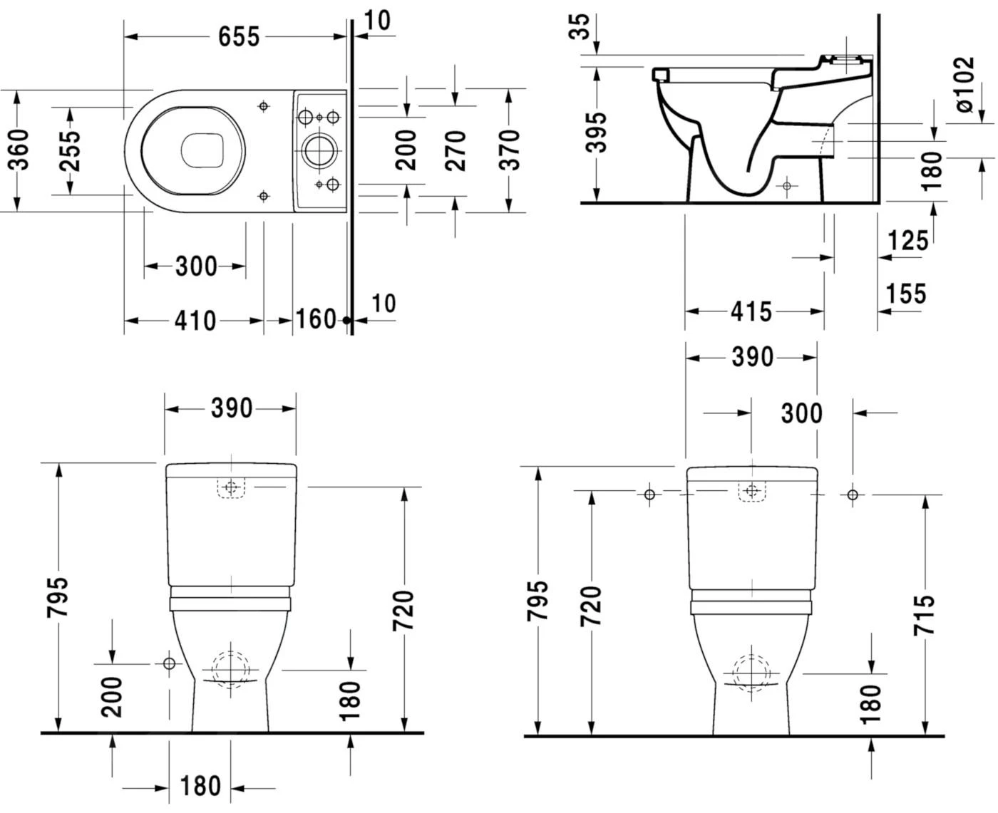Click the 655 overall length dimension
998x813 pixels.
click(x=239, y=36)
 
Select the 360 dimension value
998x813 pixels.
click(x=19, y=150)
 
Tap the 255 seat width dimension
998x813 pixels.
click(x=69, y=150)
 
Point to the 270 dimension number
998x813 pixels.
click(x=455, y=150)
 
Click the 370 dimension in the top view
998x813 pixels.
click(x=508, y=150)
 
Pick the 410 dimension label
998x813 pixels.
click(x=195, y=321)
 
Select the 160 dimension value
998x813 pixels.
click(x=315, y=319)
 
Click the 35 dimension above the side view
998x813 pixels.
click(x=582, y=27)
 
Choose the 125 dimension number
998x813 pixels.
click(x=908, y=241)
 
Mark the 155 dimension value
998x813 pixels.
click(x=906, y=294)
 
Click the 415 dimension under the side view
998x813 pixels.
click(x=751, y=311)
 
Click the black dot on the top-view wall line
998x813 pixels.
click(x=347, y=321)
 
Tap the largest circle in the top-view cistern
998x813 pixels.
click(x=315, y=150)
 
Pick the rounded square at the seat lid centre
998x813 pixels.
click(x=203, y=150)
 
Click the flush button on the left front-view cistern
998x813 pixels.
click(x=230, y=488)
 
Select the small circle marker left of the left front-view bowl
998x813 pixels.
click(x=169, y=663)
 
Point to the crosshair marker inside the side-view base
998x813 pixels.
click(x=786, y=186)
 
